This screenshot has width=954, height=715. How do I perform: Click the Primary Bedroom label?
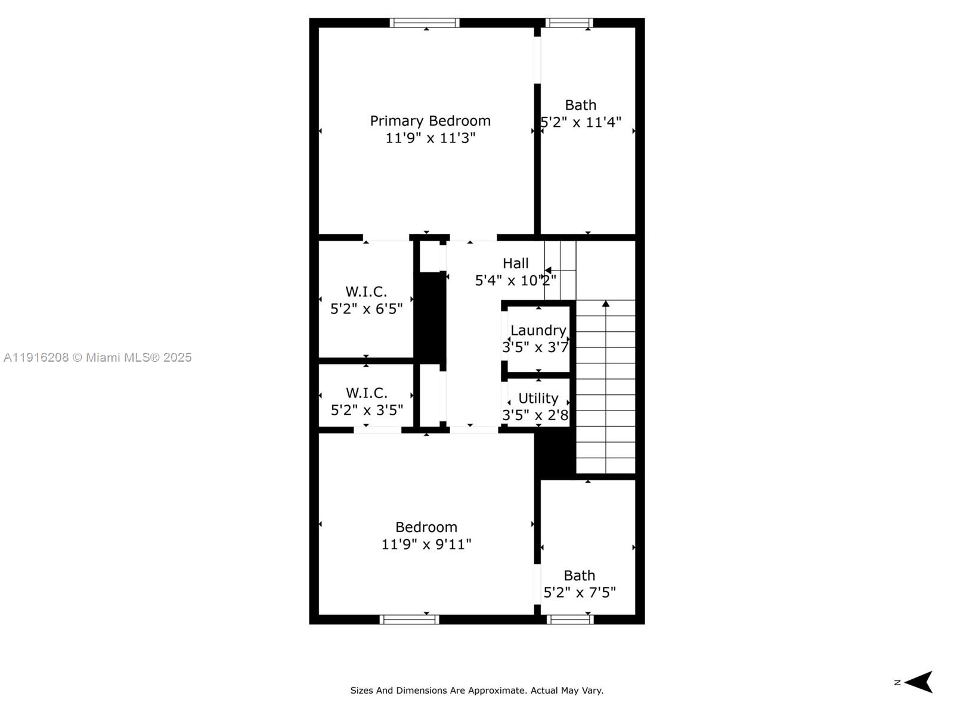pos(430,121)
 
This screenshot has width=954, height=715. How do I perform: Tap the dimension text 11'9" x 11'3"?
pos(430,138)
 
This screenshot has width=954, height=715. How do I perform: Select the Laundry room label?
pos(538,330)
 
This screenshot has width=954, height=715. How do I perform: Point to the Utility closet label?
pos(538,398)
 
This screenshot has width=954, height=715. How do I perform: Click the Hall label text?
pos(515,263)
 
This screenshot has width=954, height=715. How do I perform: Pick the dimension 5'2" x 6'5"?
pos(366,309)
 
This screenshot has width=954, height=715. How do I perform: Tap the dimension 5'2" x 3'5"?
pos(367,410)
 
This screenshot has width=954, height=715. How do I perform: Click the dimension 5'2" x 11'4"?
pos(581,122)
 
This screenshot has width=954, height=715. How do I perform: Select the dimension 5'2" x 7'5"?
pos(580,592)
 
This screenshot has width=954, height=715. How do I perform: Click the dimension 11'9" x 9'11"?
pos(426,544)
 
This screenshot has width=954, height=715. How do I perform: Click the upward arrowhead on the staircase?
pos(606,304)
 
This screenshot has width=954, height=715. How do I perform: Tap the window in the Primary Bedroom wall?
pos(425,23)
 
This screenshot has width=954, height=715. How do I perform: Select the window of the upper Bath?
pos(569,23)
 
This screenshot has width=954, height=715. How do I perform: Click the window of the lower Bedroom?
pos(409,620)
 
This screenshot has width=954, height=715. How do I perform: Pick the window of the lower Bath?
pos(570,620)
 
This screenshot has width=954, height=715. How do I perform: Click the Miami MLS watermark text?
pos(97,357)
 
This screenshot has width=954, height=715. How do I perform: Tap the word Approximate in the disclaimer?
pos(496,691)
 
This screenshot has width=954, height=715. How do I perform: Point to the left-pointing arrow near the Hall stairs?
pos(547,271)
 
